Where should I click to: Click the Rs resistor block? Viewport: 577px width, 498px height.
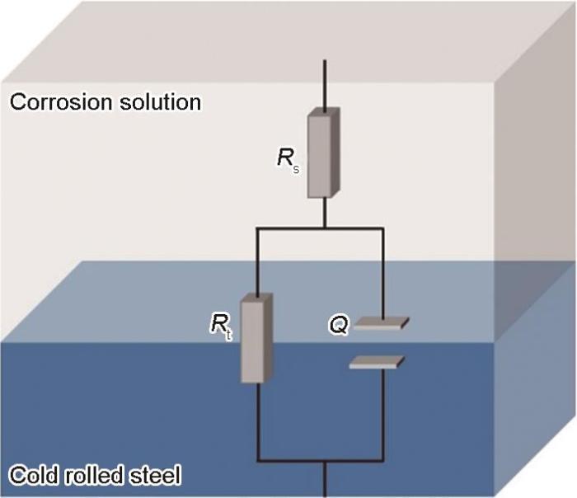[x=323, y=153]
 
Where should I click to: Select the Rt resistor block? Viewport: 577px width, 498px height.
[x=256, y=338]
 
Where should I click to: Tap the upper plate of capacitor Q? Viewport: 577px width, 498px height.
[x=381, y=323]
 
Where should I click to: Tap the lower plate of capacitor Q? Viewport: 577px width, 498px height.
[x=377, y=362]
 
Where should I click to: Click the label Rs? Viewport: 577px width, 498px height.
[x=288, y=162]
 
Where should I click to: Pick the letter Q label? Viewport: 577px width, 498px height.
[x=338, y=326]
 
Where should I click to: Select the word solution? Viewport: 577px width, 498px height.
[x=160, y=101]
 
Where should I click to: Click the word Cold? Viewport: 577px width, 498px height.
[x=34, y=474]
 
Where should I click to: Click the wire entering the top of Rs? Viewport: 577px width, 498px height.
[x=325, y=86]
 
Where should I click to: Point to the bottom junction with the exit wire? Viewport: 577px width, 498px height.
[x=325, y=460]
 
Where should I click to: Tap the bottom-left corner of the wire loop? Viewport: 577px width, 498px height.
[x=257, y=460]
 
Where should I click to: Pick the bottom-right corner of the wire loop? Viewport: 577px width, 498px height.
[x=383, y=460]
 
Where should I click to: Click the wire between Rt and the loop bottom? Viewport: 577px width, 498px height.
[x=257, y=421]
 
